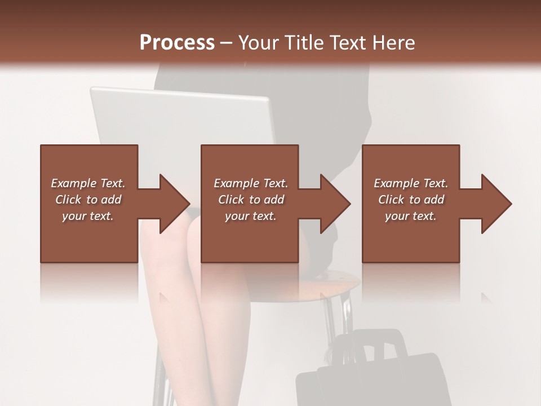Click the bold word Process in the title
(177, 43)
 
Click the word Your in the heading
(259, 43)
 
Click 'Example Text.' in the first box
(88, 183)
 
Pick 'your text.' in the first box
(88, 216)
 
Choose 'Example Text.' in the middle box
(251, 183)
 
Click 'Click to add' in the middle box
(251, 200)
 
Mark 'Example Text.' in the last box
(411, 183)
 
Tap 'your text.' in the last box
(411, 216)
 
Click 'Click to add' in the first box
(88, 200)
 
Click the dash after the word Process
(227, 43)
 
